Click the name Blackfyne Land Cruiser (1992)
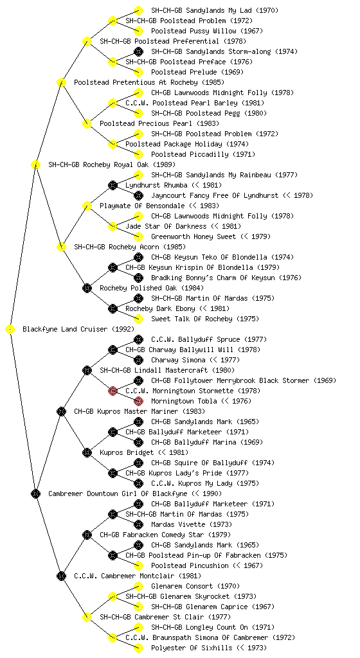(x=78, y=330)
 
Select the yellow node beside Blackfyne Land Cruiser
(x=10, y=330)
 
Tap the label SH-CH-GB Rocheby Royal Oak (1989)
(x=112, y=165)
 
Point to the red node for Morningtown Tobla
(x=138, y=401)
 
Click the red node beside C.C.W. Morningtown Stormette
(x=113, y=391)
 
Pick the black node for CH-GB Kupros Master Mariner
(x=61, y=412)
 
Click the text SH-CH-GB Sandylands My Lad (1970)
(x=215, y=10)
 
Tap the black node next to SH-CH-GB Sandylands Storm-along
(x=138, y=51)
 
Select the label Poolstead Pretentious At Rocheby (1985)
(x=149, y=83)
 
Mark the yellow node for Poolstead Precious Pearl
(x=87, y=124)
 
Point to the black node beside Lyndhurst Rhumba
(x=113, y=185)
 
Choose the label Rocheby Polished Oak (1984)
(x=152, y=289)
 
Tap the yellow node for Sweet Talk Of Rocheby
(x=138, y=319)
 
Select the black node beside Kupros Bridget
(x=87, y=453)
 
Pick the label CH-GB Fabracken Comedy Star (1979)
(x=152, y=535)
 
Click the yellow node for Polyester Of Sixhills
(x=138, y=648)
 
